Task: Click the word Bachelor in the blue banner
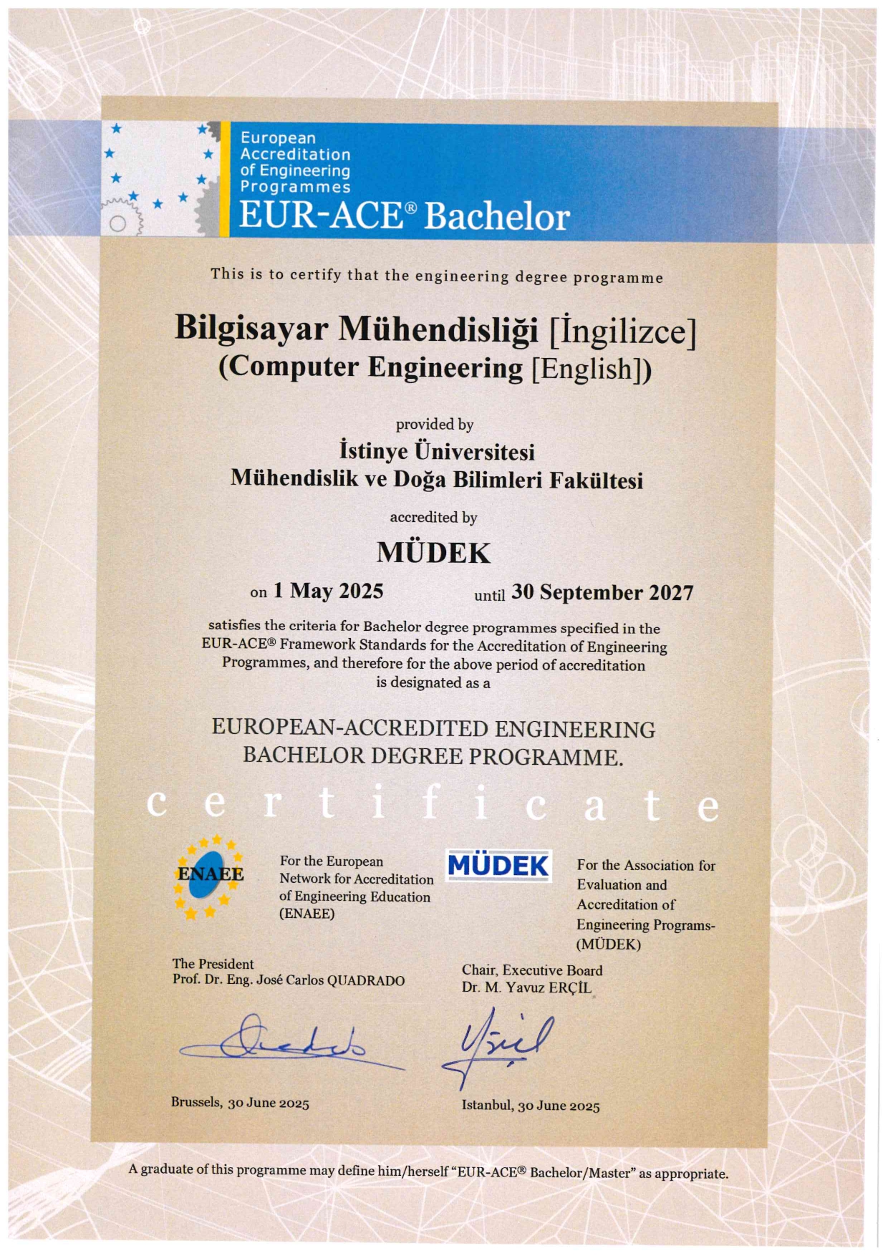click(497, 216)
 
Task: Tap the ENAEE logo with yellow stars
click(210, 875)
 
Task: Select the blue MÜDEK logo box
click(498, 866)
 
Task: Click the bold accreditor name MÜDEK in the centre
click(433, 553)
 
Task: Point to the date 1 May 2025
click(328, 591)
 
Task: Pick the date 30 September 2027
click(602, 592)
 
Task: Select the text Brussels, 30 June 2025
click(240, 1102)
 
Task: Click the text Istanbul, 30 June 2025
click(531, 1105)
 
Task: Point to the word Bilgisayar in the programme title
click(251, 328)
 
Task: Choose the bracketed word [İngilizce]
click(622, 331)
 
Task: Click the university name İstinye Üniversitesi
click(437, 451)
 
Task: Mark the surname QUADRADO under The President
click(365, 980)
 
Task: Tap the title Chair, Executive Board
click(532, 970)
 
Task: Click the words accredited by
click(433, 517)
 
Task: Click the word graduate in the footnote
click(167, 1169)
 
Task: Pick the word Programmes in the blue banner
click(295, 187)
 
